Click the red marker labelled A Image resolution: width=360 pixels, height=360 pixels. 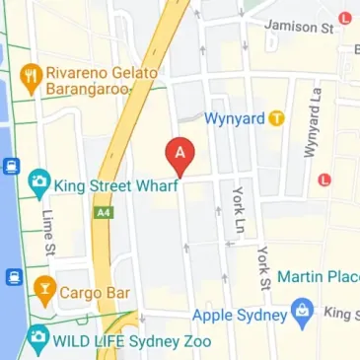180,153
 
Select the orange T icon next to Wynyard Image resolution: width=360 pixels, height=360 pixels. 279,118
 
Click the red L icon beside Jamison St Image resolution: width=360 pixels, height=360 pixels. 344,17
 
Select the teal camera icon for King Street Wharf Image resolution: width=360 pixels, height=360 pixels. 38,181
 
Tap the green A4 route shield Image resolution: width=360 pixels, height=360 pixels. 102,212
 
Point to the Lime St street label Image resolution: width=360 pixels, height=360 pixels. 46,232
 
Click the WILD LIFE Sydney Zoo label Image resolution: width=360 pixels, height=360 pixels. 116,340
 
